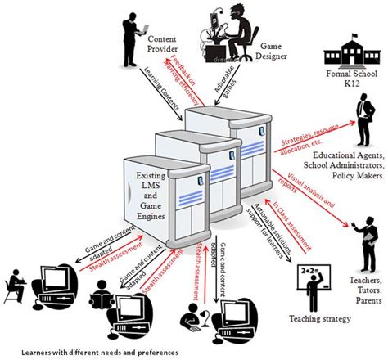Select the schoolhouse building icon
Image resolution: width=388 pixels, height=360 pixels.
click(343, 54)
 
